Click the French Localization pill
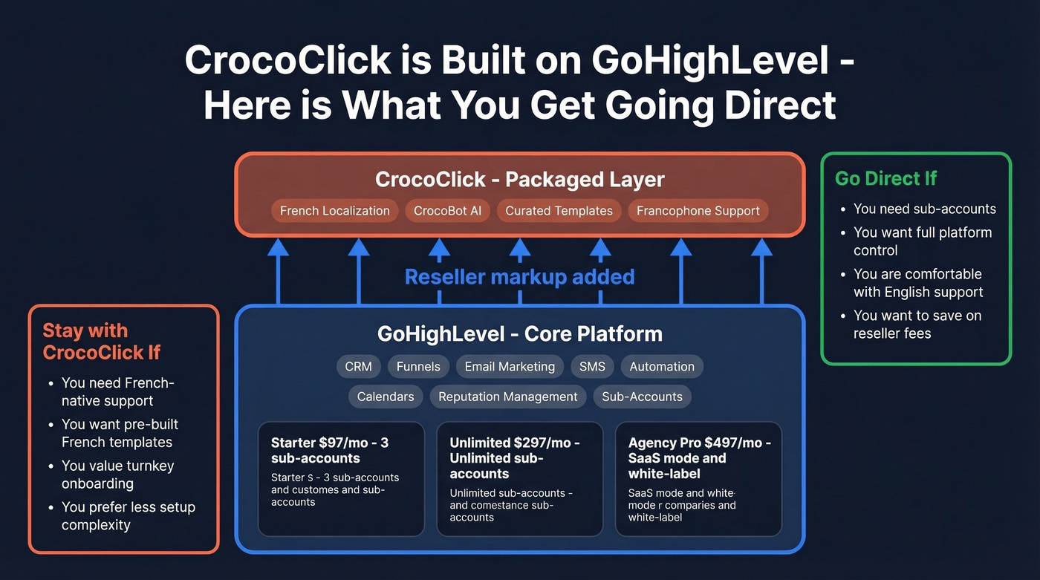334,211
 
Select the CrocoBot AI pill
447,211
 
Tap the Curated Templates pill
559,211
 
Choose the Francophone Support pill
698,211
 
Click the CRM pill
359,366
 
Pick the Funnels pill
418,366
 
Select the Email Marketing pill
510,366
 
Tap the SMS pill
592,366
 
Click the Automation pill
662,366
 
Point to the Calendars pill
386,397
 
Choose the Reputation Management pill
508,397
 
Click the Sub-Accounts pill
642,397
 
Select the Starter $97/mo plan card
341,479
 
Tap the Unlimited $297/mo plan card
519,479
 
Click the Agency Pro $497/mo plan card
698,479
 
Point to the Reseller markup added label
519,277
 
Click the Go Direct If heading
885,178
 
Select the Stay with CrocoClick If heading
101,342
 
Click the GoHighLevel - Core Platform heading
519,333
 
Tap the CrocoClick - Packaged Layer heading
519,179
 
